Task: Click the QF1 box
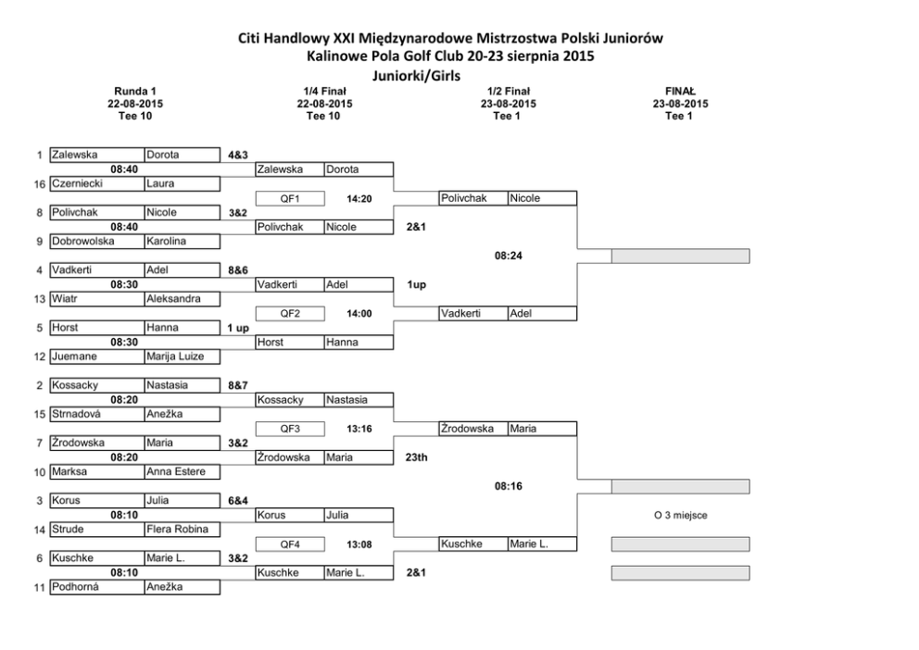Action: point(290,198)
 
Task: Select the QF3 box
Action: point(290,429)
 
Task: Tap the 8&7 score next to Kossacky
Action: point(238,385)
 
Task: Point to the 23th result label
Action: point(416,457)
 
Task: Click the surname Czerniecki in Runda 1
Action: point(78,183)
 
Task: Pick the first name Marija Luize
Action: point(175,356)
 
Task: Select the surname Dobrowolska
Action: point(82,241)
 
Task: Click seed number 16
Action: point(39,184)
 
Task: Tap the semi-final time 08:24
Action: point(509,256)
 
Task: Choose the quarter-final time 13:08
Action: point(359,544)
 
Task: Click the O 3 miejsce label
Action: point(681,516)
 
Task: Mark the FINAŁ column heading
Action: point(680,92)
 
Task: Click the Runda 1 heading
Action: point(135,92)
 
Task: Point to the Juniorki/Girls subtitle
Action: point(417,76)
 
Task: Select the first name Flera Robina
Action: point(178,529)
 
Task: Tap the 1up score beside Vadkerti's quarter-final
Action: point(416,284)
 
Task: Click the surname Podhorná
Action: point(75,586)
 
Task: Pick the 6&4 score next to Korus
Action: point(238,501)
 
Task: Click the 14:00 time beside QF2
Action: point(359,314)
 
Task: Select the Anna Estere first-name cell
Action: point(176,471)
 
